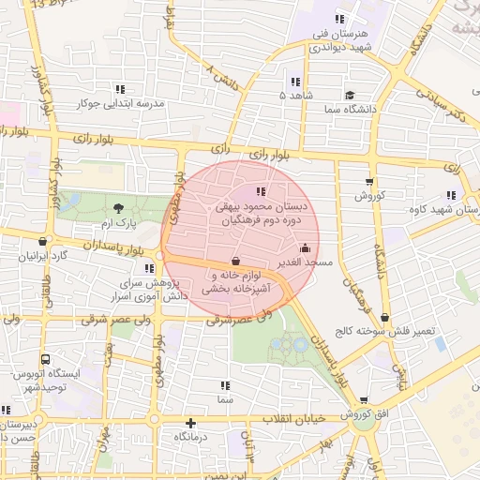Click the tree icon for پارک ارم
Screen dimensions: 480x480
point(118,208)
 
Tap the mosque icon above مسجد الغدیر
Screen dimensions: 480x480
point(305,248)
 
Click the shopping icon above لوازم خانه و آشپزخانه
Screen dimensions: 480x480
point(234,261)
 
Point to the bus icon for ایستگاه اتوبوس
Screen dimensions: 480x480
point(46,359)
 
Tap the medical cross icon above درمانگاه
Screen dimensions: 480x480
point(191,423)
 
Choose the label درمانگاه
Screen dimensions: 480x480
point(190,437)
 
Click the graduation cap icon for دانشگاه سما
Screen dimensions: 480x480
point(349,95)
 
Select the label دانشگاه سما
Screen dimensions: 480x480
point(349,110)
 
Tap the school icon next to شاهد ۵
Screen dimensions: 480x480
point(296,82)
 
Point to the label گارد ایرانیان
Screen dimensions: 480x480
point(46,256)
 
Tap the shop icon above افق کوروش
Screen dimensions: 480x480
point(364,399)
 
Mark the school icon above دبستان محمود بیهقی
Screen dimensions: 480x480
point(261,192)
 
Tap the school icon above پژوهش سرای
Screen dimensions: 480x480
point(150,268)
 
